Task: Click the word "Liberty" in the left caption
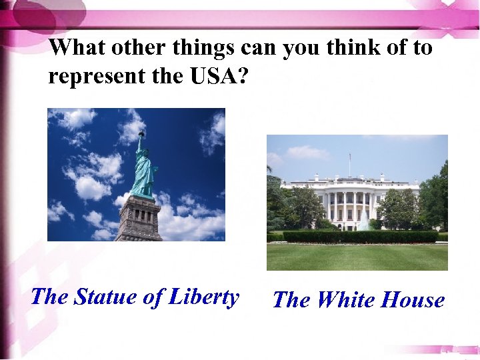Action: [203, 296]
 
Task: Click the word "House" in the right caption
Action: [412, 300]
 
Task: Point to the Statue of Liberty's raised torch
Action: [141, 134]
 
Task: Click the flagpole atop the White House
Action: [349, 164]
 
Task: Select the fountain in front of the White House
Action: [364, 223]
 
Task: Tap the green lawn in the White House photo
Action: [357, 257]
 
